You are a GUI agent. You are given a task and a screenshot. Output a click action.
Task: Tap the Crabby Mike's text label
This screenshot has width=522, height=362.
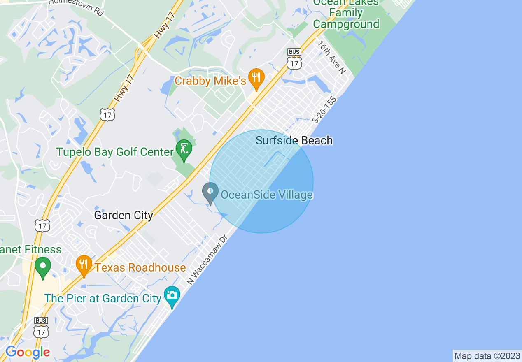pyautogui.click(x=210, y=81)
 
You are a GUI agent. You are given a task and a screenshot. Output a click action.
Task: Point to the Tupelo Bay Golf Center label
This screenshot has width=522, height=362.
pyautogui.click(x=115, y=152)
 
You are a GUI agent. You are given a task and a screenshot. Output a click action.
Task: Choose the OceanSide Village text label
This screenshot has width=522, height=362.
pyautogui.click(x=267, y=195)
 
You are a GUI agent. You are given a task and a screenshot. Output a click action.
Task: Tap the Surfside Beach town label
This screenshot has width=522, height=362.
pyautogui.click(x=294, y=140)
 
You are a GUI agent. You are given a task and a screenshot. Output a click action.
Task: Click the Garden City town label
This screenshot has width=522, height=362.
pyautogui.click(x=124, y=215)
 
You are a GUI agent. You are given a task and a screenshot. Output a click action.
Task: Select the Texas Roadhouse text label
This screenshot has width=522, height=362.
pyautogui.click(x=140, y=267)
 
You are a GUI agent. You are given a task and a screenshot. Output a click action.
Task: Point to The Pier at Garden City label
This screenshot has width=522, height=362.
pyautogui.click(x=103, y=298)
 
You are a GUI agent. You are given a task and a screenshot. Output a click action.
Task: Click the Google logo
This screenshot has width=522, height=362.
pyautogui.click(x=28, y=352)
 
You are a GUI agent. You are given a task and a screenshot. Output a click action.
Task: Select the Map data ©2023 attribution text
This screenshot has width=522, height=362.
pyautogui.click(x=487, y=356)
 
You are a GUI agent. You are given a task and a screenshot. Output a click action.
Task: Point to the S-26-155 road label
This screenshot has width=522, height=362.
pyautogui.click(x=324, y=110)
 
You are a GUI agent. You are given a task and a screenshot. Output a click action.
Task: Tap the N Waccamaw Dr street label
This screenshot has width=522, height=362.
pyautogui.click(x=207, y=260)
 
